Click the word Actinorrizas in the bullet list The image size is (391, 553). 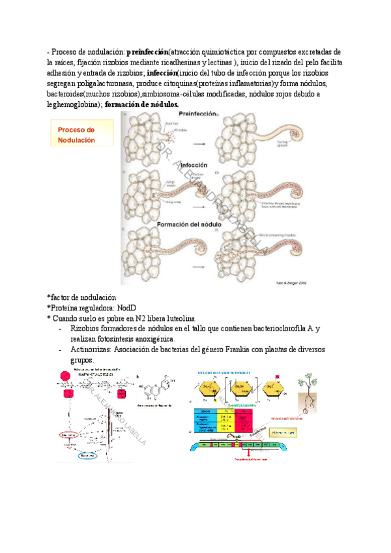pos(91,350)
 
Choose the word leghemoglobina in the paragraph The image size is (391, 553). pos(70,104)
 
